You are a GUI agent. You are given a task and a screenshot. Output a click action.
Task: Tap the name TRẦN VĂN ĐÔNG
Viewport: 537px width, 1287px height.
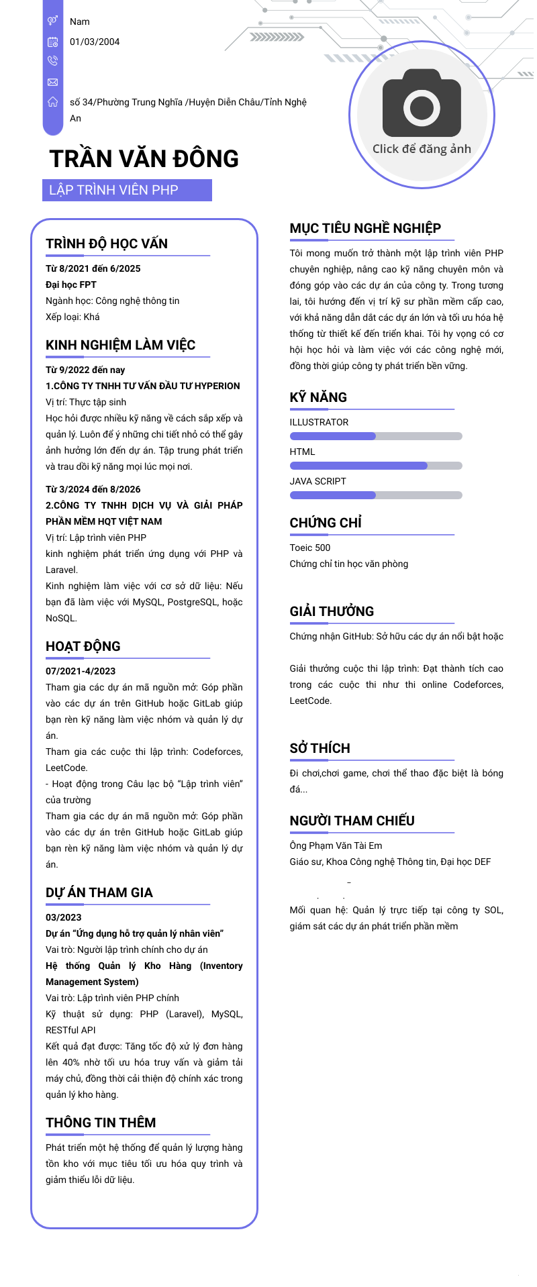point(144,159)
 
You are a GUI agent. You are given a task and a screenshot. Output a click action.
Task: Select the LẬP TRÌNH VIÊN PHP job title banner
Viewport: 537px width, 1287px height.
point(127,190)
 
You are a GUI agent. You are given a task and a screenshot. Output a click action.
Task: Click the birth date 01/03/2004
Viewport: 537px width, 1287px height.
point(95,42)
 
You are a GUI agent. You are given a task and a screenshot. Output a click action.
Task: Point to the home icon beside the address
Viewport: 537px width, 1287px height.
point(52,102)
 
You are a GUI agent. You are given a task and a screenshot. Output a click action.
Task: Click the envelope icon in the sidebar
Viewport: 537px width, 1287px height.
point(52,82)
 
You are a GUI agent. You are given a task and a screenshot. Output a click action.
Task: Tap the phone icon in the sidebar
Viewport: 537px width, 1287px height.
point(52,61)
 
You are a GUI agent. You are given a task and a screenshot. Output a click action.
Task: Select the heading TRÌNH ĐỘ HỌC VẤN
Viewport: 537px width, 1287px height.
point(107,244)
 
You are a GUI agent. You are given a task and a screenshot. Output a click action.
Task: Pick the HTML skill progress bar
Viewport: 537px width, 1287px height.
point(376,466)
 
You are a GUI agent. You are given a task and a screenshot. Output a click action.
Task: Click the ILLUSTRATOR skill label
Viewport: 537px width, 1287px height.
point(319,422)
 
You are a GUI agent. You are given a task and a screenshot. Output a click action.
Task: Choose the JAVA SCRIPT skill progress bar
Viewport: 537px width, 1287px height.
point(376,495)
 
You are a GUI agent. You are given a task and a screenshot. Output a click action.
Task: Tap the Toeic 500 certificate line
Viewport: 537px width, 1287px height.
point(310,548)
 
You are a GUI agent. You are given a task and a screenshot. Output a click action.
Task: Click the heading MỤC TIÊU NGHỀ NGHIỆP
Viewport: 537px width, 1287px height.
point(365,228)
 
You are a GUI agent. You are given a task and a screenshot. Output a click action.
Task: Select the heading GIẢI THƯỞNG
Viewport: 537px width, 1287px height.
point(332,611)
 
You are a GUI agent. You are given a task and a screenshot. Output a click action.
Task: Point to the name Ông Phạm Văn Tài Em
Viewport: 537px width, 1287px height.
point(336,845)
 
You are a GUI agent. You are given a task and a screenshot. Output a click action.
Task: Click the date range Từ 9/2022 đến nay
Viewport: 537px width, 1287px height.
point(85,370)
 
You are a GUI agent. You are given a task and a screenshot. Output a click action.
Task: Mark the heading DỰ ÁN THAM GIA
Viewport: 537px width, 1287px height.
point(99,892)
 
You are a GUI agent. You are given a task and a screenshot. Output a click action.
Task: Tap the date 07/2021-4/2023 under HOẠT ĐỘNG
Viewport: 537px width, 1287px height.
point(81,671)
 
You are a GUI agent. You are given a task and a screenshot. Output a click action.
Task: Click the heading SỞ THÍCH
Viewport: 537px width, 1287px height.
point(320,748)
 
